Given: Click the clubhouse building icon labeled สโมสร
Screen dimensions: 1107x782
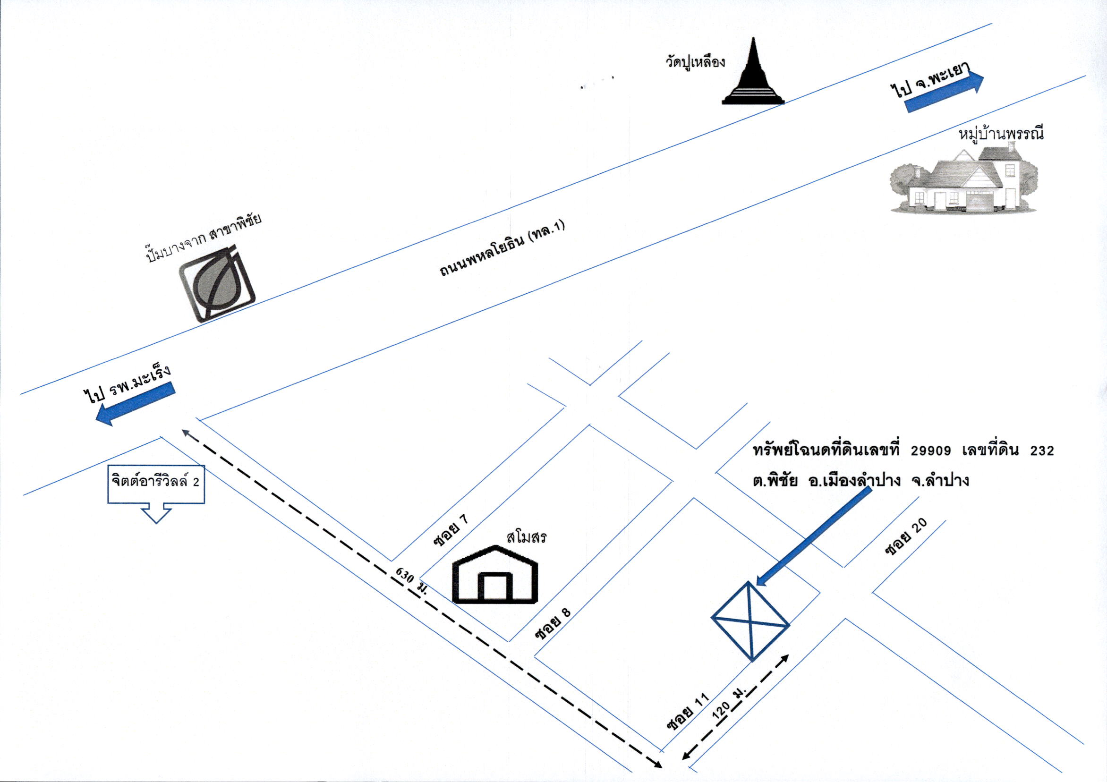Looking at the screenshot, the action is (x=494, y=575).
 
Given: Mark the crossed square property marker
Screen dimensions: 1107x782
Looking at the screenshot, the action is (x=751, y=621).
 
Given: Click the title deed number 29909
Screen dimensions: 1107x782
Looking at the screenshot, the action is (x=931, y=451).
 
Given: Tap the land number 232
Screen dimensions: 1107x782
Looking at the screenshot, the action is (x=1042, y=451).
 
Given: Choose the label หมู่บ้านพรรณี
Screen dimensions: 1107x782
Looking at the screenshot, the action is (x=1001, y=132).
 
